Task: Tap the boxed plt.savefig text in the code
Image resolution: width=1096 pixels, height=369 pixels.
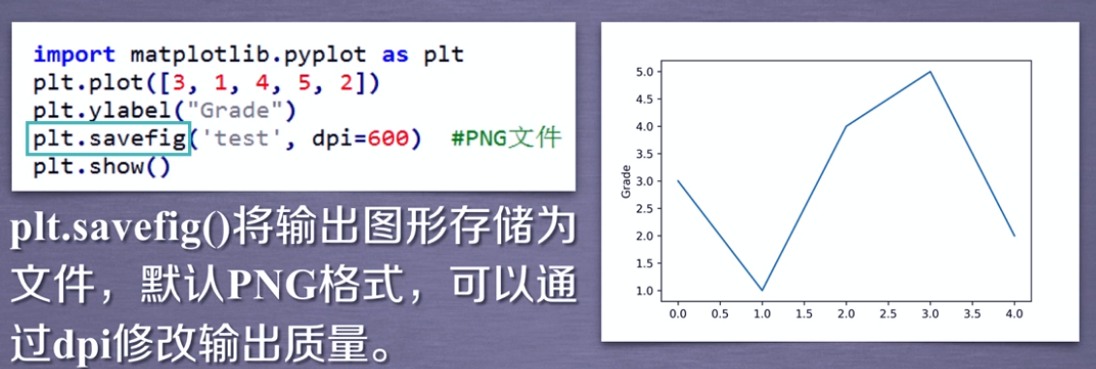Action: pos(109,139)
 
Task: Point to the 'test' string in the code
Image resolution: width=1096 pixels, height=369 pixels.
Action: pos(241,138)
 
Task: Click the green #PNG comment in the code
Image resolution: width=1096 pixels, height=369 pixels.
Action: pos(506,138)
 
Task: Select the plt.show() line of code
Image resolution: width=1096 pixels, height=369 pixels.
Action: pos(102,167)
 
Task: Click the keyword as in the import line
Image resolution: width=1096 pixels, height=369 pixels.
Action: pos(395,54)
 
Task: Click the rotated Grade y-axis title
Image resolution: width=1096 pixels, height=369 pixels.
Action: pos(626,181)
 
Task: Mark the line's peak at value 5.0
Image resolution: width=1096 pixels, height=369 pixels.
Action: pos(930,72)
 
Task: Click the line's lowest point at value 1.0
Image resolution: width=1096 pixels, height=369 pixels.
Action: pos(761,290)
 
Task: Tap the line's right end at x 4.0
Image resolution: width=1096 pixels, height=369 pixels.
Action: pos(1015,235)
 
